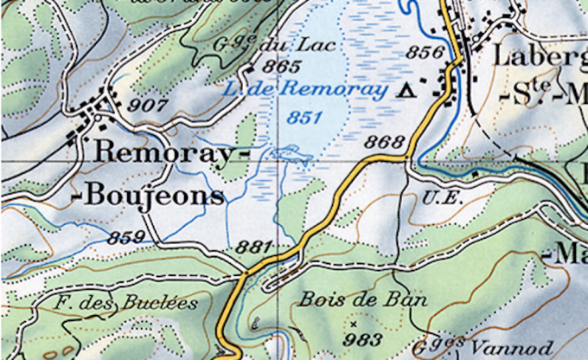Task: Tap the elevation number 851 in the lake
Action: click(304, 118)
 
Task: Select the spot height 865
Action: click(281, 67)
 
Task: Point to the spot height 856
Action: click(425, 52)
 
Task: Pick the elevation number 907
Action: click(148, 105)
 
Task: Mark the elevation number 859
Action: click(125, 236)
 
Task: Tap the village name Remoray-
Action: click(163, 153)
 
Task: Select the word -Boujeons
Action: click(152, 196)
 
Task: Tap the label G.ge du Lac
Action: click(264, 42)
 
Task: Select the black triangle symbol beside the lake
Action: click(408, 89)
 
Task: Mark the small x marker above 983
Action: click(353, 323)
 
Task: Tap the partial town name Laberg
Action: click(540, 56)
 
